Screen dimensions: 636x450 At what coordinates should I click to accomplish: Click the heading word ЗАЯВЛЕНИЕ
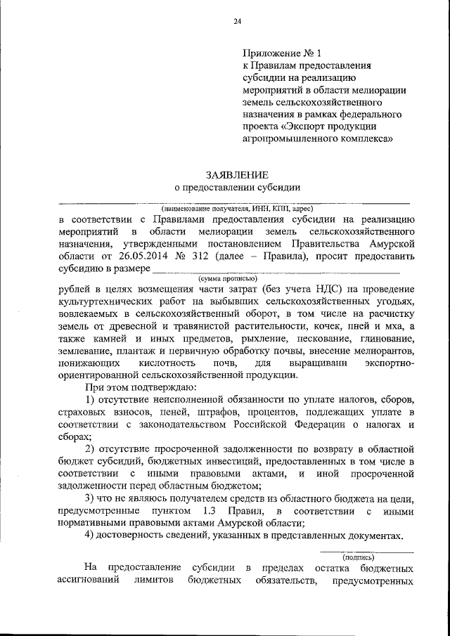[x=237, y=174]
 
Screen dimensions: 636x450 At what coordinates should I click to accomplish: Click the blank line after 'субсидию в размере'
[x=276, y=270]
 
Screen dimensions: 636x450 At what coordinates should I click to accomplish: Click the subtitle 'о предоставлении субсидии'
[x=237, y=188]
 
